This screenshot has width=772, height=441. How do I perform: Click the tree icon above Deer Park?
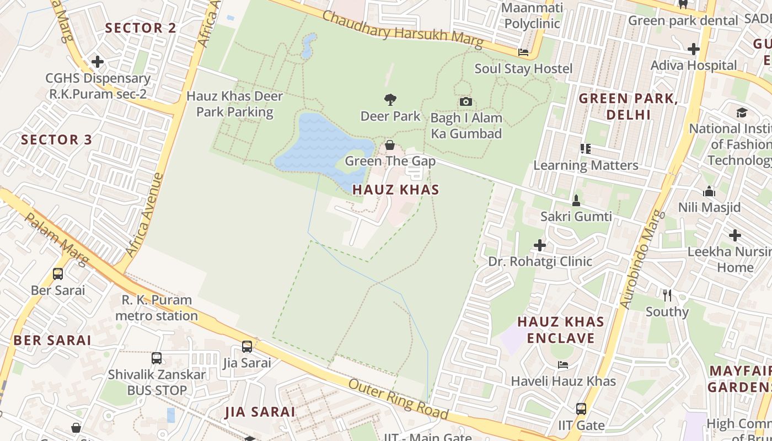(x=390, y=100)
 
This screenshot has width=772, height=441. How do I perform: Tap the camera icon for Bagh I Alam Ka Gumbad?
(x=466, y=101)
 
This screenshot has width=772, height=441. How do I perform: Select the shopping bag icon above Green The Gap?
(x=390, y=145)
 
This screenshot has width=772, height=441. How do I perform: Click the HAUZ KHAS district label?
(x=395, y=190)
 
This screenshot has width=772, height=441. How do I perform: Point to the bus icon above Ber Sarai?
(x=58, y=273)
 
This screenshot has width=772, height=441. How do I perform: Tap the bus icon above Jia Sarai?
(x=247, y=346)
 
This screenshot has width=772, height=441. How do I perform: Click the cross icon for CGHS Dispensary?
(x=98, y=62)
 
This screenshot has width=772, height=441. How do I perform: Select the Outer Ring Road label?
(x=398, y=399)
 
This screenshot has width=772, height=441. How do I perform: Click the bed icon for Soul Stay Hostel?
(x=523, y=52)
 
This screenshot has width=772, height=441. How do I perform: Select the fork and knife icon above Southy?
(x=667, y=295)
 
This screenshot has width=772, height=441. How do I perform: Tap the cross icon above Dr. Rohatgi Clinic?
(x=540, y=245)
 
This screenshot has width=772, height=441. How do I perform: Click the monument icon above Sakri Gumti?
(x=576, y=200)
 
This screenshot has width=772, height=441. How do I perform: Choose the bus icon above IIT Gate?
(x=581, y=409)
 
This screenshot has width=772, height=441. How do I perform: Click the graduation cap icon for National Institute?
(x=742, y=112)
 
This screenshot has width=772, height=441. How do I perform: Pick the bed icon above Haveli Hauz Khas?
(x=562, y=364)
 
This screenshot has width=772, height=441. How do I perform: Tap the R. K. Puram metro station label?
(x=157, y=308)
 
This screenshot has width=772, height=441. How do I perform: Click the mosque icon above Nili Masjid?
(x=709, y=191)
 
